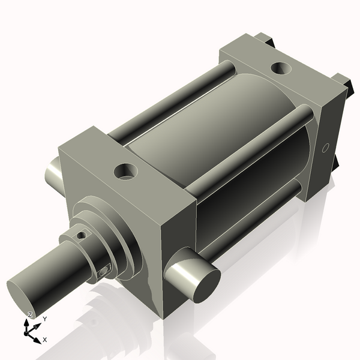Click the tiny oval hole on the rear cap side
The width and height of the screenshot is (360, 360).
[x=326, y=148]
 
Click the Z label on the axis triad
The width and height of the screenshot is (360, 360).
[x=30, y=315]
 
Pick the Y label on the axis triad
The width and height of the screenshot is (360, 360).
[x=44, y=319]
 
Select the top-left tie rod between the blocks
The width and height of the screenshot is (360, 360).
[x=168, y=102]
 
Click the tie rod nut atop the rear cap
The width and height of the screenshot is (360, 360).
[x=264, y=40]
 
